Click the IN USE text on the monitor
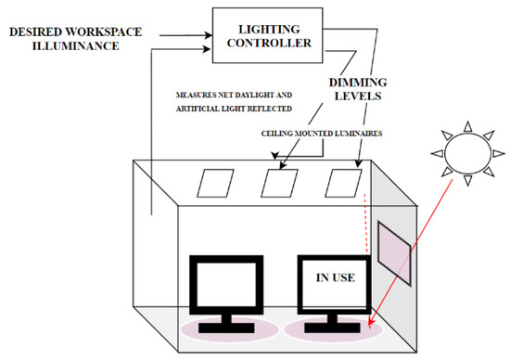tap(331, 276)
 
